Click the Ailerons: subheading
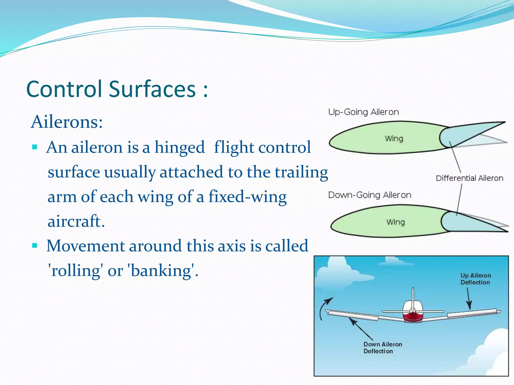tap(67, 122)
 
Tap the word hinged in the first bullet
tap(179, 147)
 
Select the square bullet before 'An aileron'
tap(35, 146)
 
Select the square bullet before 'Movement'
tap(35, 245)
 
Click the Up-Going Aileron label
tap(363, 112)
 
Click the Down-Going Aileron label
tap(369, 195)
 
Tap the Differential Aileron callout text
tap(469, 178)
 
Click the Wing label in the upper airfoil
tap(394, 138)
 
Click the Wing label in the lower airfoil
tap(396, 222)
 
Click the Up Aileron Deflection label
tap(475, 279)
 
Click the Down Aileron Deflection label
tap(382, 348)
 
